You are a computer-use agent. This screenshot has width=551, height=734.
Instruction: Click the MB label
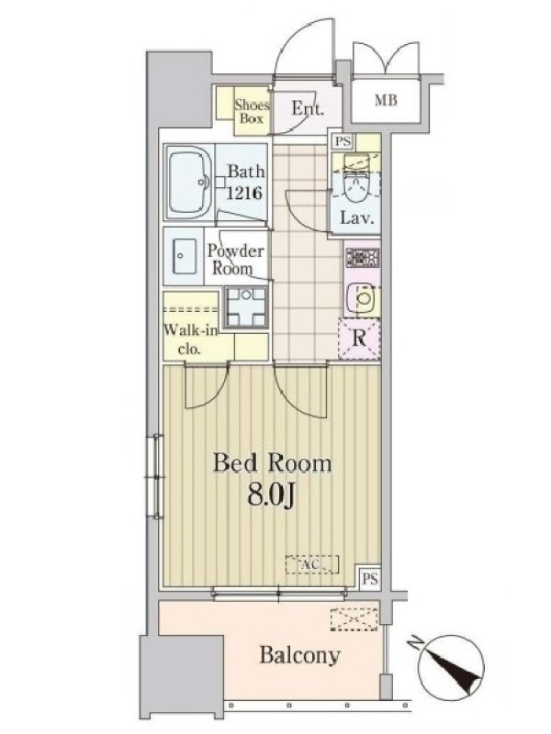click(386, 100)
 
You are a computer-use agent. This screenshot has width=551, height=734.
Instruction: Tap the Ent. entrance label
click(308, 108)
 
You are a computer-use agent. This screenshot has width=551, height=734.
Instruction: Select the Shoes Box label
click(252, 111)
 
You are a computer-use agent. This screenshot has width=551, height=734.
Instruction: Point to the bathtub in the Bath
click(189, 183)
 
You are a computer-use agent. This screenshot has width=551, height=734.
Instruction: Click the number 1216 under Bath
click(244, 193)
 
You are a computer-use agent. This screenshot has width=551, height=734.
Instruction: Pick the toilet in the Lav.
click(355, 184)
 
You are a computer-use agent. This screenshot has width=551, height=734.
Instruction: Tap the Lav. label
click(357, 217)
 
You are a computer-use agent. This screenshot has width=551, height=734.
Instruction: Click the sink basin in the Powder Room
click(185, 256)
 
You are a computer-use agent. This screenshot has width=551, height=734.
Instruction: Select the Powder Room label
click(234, 260)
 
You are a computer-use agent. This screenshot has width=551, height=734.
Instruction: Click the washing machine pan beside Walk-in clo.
click(245, 306)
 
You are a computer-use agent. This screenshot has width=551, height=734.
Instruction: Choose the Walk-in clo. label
click(190, 339)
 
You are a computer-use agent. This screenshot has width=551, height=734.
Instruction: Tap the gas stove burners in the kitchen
click(362, 258)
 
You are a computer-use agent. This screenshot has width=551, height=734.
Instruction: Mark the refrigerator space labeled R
click(359, 339)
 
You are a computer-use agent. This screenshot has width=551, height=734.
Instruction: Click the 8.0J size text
click(271, 495)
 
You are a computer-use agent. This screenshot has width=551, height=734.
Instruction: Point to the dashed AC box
click(312, 564)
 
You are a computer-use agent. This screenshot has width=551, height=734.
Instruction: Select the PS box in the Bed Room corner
click(370, 579)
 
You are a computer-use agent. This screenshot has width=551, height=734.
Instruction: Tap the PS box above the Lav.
click(343, 141)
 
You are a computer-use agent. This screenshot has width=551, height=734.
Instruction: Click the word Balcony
click(300, 656)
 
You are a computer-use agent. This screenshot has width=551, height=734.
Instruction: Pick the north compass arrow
click(449, 664)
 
